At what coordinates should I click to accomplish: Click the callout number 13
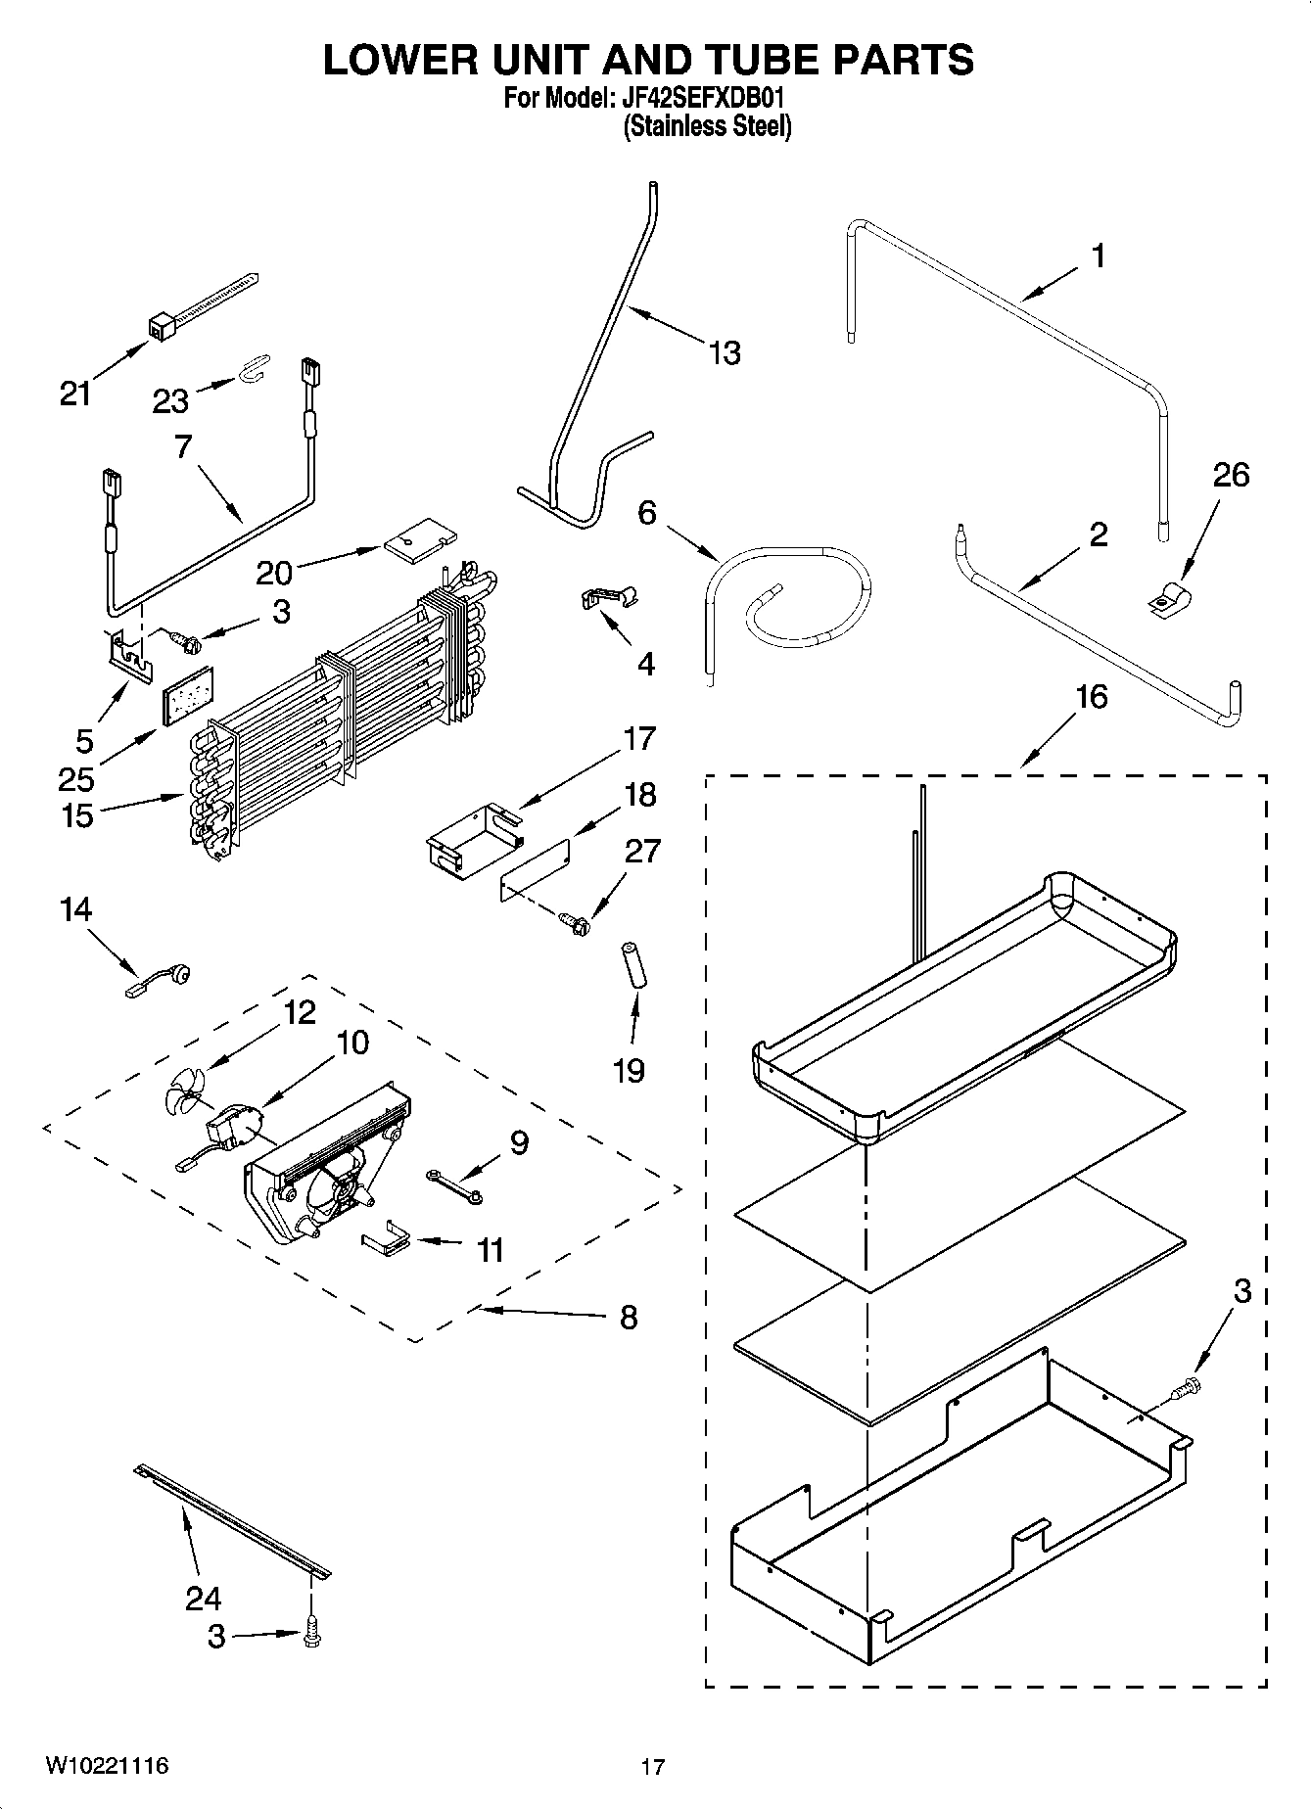(x=725, y=352)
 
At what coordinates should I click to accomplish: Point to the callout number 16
(x=1091, y=697)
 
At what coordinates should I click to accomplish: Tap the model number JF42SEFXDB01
(x=699, y=98)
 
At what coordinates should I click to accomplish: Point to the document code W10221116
(x=106, y=1765)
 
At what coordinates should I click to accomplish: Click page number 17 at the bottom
(x=653, y=1766)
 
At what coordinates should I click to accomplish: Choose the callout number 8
(x=628, y=1318)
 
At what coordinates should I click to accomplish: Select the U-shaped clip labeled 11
(x=389, y=1237)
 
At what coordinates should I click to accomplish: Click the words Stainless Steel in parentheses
(x=707, y=126)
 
